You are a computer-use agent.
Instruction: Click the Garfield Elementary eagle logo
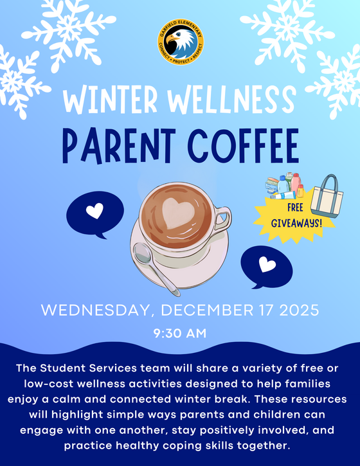(180, 42)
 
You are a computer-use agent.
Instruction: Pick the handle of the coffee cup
(222, 220)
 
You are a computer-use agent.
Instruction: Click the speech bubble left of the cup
(94, 211)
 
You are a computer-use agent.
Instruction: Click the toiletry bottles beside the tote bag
(286, 186)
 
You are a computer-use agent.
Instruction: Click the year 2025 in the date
(298, 310)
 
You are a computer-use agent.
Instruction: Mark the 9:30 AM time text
(180, 334)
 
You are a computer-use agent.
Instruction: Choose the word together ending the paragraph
(263, 445)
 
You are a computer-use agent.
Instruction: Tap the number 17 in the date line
(262, 310)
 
